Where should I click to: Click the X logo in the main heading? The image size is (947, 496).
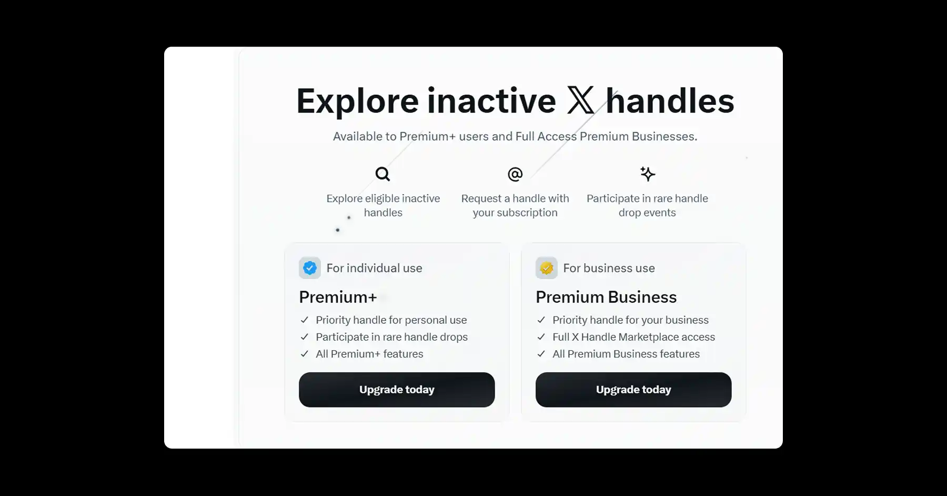point(580,101)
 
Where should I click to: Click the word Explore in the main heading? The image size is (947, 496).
point(357,102)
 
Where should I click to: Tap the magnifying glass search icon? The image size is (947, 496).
point(382,174)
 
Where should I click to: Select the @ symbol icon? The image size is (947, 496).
point(515,174)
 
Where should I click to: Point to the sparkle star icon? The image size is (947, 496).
point(647,174)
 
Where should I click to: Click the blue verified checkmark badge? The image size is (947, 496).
point(310,268)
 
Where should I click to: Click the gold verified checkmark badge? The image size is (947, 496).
point(547,268)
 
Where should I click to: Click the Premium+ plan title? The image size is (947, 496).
point(338,297)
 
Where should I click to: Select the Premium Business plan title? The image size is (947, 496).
point(606,297)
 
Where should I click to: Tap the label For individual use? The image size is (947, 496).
point(374,268)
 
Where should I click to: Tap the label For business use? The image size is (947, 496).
point(609,268)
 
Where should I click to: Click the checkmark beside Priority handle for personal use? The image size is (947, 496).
point(304,320)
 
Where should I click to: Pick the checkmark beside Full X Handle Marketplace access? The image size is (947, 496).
point(541,337)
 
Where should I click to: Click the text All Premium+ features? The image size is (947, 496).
point(369,354)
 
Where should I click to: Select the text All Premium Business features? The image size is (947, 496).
point(626,354)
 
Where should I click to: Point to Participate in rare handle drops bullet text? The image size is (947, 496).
point(391,337)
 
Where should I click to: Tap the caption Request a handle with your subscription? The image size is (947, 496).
point(515,205)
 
